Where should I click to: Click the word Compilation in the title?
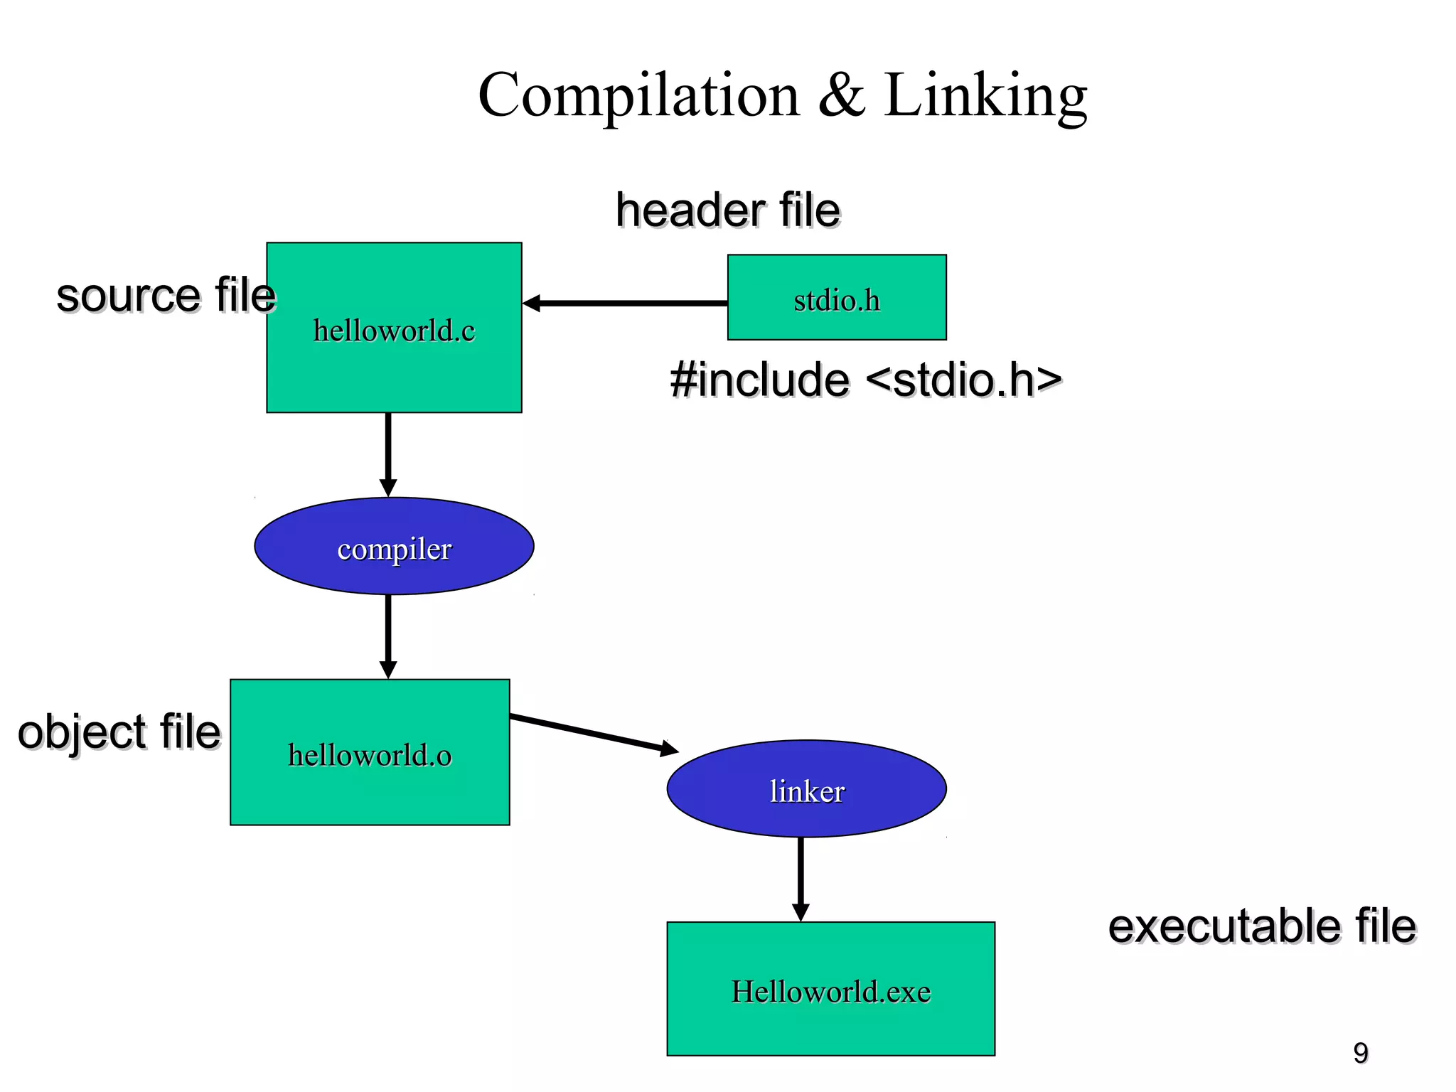(638, 96)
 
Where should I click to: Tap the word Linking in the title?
(985, 96)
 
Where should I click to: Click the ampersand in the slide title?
(842, 96)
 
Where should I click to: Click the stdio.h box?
(837, 297)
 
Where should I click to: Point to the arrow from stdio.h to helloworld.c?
(626, 304)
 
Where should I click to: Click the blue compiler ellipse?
(394, 546)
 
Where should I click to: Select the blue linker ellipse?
(806, 788)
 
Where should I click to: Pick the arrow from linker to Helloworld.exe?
(801, 879)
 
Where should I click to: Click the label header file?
(728, 210)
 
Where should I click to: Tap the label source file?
(166, 296)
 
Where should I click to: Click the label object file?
(119, 732)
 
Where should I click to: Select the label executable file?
(1262, 926)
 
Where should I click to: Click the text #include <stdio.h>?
(865, 380)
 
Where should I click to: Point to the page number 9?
(1360, 1053)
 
